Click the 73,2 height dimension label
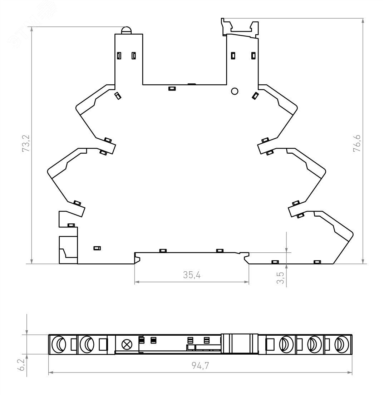click(x=26, y=143)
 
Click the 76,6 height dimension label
click(x=357, y=143)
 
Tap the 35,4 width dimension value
click(x=192, y=275)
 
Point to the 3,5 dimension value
click(x=280, y=278)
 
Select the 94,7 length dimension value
click(x=200, y=366)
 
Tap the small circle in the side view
click(x=235, y=91)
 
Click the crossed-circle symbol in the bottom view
click(x=125, y=344)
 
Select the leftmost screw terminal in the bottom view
click(x=59, y=344)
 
